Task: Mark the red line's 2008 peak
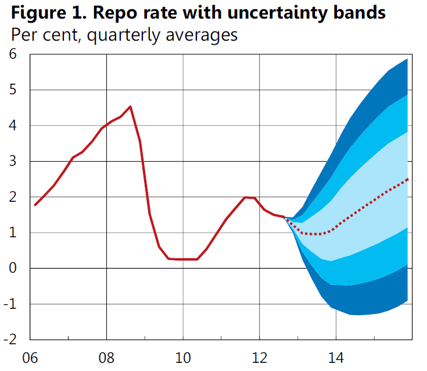(x=130, y=106)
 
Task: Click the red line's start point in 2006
(x=35, y=205)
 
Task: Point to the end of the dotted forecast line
(x=408, y=179)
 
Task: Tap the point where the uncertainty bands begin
(x=284, y=217)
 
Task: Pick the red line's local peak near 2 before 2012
(x=246, y=197)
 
